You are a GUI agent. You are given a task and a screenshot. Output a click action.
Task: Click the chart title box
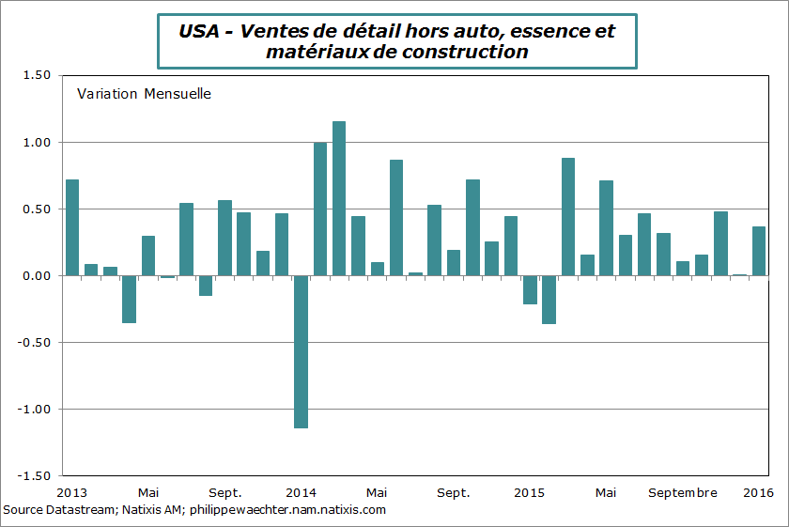[395, 41]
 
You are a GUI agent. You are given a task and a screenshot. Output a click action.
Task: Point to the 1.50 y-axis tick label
[33, 75]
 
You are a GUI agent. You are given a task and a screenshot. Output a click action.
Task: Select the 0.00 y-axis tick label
[33, 275]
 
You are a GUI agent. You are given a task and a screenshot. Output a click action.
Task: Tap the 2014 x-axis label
[301, 492]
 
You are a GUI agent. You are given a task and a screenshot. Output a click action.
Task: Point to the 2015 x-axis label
[530, 492]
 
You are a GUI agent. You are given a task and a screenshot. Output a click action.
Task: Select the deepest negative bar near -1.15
[301, 351]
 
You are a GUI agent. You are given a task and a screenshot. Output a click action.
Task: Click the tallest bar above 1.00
[339, 198]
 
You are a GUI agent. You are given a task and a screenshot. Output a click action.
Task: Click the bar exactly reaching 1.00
[320, 209]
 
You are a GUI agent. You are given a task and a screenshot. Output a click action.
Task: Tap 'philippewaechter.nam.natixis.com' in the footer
[288, 510]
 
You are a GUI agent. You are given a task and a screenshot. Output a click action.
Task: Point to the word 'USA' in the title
[198, 31]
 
